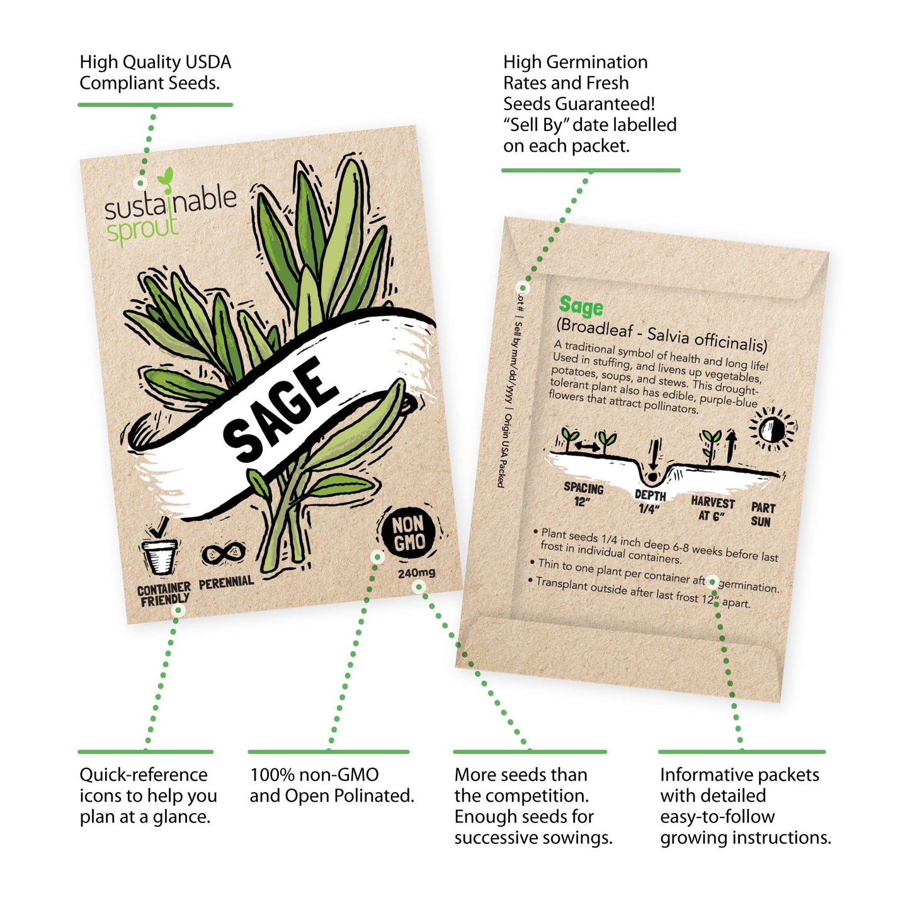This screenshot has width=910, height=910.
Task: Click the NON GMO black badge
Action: (x=408, y=533)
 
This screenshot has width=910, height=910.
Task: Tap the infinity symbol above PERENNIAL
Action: (x=223, y=554)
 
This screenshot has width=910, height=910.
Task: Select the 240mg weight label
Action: (x=416, y=573)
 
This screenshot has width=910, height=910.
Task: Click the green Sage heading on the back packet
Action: (x=581, y=306)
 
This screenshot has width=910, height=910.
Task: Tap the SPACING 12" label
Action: (x=583, y=494)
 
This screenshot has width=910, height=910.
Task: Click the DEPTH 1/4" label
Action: (x=649, y=502)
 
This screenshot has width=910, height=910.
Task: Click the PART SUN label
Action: (x=762, y=514)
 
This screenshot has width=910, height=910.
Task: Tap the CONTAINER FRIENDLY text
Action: (x=164, y=594)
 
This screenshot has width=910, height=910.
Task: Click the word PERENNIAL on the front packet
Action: (x=226, y=583)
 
